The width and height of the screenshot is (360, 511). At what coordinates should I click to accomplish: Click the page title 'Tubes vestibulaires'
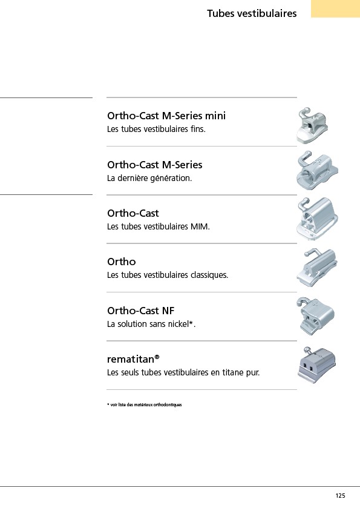(252, 13)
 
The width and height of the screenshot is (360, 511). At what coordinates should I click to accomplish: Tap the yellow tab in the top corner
(335, 8)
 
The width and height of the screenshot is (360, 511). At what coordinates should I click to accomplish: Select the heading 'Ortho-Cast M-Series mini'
(166, 116)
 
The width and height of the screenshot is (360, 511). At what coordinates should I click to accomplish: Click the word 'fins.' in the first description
(198, 130)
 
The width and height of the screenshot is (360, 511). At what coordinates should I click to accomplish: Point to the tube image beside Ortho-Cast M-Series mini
(312, 125)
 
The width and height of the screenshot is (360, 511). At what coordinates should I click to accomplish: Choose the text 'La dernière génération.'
(149, 178)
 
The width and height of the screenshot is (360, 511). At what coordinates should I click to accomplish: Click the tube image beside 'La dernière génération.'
(317, 171)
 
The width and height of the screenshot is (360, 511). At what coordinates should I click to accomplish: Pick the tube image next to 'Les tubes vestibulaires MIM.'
(317, 219)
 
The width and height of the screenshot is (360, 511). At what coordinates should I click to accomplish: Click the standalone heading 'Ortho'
(122, 262)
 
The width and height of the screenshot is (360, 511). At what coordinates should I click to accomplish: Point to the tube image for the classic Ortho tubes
(317, 268)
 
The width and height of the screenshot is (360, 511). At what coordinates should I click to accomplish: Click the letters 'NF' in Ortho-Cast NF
(168, 311)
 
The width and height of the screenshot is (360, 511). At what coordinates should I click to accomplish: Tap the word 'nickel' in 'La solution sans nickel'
(178, 324)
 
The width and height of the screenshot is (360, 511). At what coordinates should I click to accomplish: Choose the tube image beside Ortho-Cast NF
(315, 316)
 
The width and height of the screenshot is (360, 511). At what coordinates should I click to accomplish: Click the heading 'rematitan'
(131, 359)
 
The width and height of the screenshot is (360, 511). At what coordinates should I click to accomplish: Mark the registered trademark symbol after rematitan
(157, 357)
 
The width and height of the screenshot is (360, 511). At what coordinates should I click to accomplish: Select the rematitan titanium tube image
(316, 365)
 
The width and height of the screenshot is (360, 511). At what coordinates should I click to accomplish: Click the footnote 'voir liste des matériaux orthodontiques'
(146, 405)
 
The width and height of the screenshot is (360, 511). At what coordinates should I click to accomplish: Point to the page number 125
(340, 496)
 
